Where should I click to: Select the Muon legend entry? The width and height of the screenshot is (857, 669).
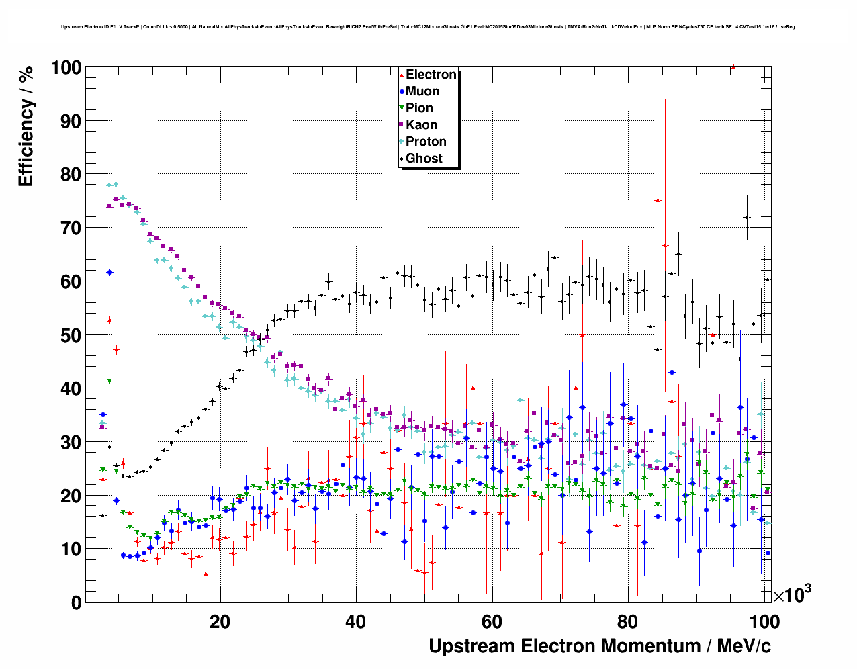[422, 91]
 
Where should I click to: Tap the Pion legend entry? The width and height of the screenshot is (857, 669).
[419, 108]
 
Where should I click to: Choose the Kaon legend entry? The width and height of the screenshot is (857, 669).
[421, 125]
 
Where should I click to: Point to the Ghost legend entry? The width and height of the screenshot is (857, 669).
[424, 159]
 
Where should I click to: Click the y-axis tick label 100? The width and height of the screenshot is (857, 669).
[66, 68]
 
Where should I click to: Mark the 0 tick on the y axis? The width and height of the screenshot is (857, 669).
[76, 603]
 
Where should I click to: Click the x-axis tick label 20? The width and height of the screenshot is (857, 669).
[220, 622]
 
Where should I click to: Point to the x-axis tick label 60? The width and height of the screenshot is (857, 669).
[492, 622]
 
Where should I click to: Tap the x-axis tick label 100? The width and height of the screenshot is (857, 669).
[764, 622]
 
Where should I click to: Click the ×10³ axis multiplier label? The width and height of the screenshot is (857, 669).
[792, 595]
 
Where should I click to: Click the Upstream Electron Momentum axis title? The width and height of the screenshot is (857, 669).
[600, 646]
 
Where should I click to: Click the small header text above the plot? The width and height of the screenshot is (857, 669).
[428, 27]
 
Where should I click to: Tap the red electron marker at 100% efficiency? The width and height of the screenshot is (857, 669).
[733, 66]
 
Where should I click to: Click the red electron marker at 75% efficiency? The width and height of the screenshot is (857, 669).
[658, 201]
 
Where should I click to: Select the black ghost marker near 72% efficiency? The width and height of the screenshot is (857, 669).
[747, 217]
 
